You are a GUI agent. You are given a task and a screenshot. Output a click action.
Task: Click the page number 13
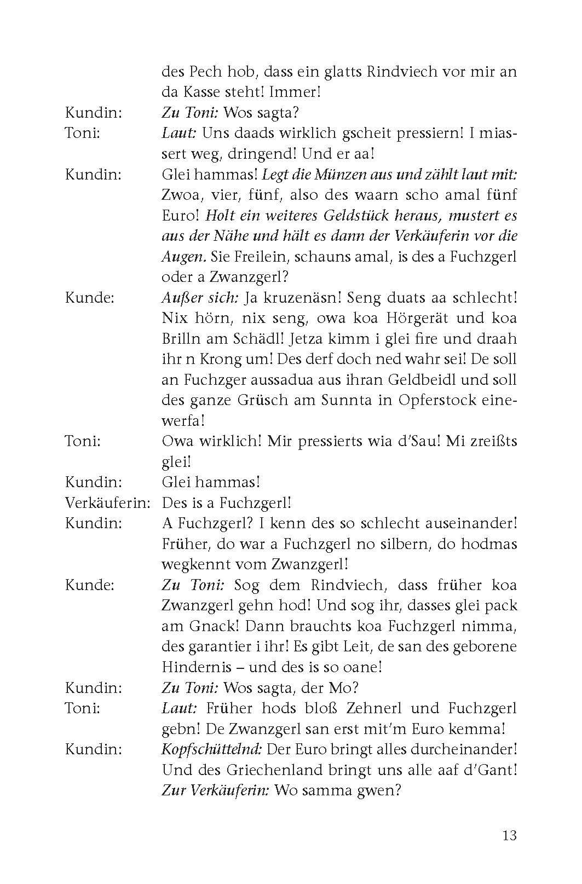[509, 836]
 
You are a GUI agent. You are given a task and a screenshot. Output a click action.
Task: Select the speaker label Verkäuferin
[107, 502]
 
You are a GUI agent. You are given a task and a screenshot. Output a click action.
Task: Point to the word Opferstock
[419, 400]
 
